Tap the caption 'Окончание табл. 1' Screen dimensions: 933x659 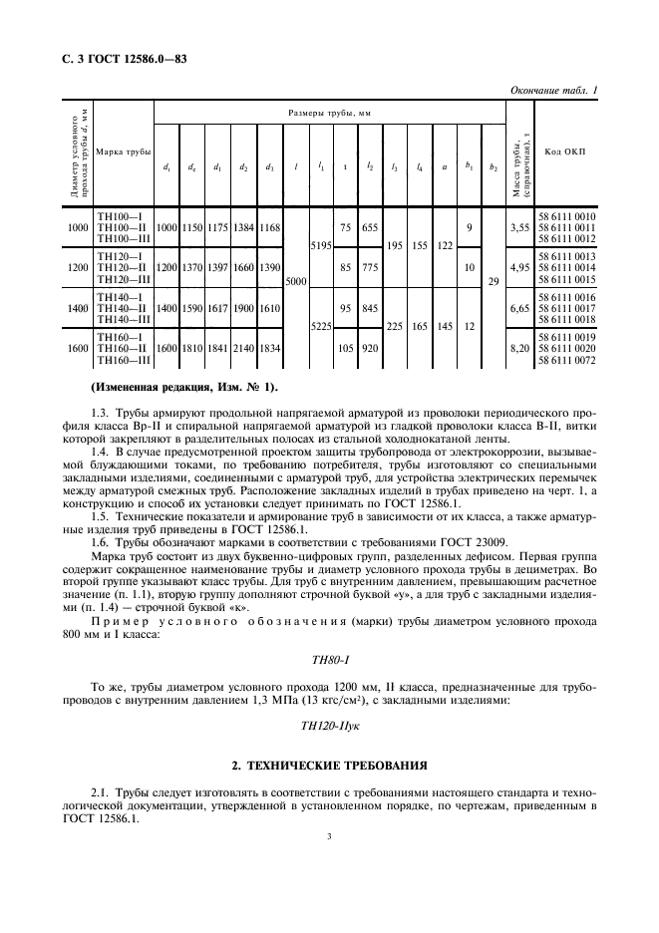pos(553,91)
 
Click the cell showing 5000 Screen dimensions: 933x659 pos(296,282)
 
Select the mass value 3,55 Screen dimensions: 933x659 pos(518,227)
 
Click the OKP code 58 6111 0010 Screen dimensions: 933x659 pos(566,216)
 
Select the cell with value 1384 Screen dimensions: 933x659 pos(242,228)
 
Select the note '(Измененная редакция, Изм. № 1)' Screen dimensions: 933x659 pos(185,386)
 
